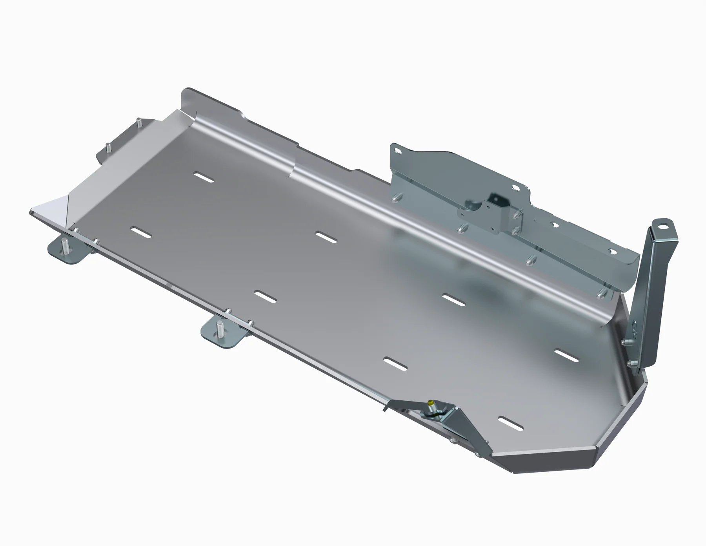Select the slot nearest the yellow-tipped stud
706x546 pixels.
(x=511, y=423)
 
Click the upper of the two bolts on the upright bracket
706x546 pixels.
(x=624, y=342)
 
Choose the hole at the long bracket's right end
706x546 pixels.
(x=611, y=250)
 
